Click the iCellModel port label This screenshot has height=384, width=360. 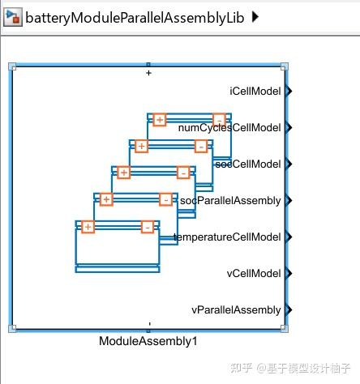tap(255, 92)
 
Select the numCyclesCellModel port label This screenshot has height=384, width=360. tap(229, 128)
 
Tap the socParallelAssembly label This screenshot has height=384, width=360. tap(230, 201)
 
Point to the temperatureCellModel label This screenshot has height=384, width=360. tap(228, 237)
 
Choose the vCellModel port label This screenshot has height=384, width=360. tap(254, 274)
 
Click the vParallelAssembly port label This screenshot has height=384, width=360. tap(236, 310)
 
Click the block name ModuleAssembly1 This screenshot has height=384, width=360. tap(148, 342)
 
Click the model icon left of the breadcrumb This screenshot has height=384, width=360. tap(13, 17)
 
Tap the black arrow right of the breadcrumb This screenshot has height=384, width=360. tap(256, 17)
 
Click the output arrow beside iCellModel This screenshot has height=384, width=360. tap(289, 92)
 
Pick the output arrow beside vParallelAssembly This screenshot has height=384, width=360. tap(289, 310)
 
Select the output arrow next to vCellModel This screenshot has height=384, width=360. tap(289, 274)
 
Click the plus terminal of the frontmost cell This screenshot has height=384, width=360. tap(88, 227)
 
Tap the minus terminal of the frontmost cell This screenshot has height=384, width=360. tap(148, 227)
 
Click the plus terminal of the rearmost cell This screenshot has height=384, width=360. tap(159, 120)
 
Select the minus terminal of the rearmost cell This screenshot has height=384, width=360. tap(219, 120)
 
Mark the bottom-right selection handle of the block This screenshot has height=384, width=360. tap(284, 328)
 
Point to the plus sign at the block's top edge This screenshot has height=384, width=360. tap(148, 73)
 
